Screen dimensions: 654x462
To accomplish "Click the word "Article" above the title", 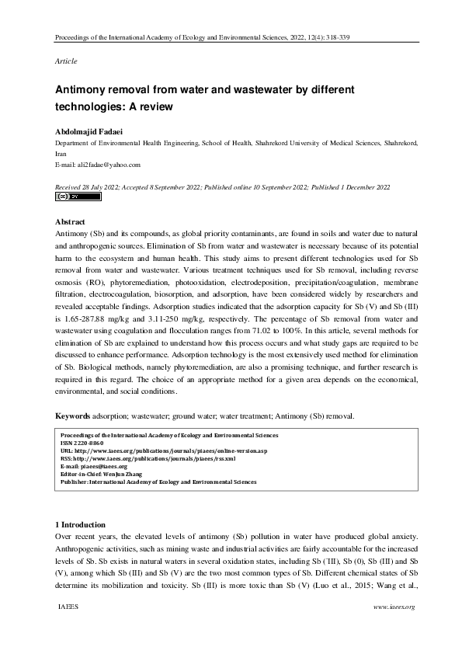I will coord(66,61).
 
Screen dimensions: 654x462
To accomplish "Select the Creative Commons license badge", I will coord(78,197).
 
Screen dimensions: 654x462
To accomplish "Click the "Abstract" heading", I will coord(70,222).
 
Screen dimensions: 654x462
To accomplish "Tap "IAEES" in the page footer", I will coord(69,606).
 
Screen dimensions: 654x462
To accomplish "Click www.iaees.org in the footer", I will coord(394,606).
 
